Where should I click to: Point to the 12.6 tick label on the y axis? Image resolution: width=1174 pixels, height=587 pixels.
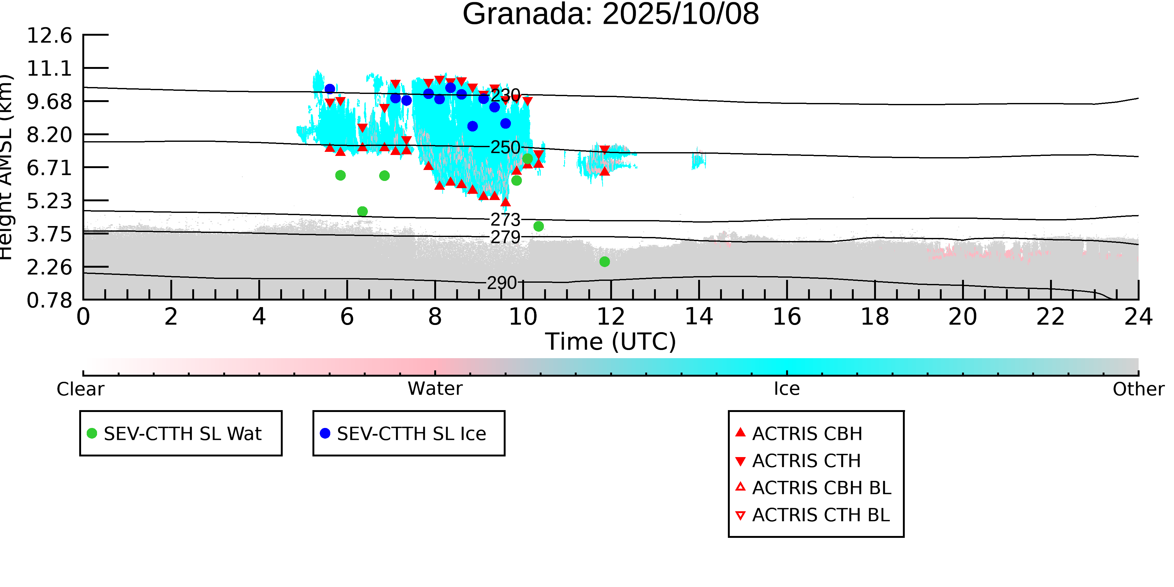[49, 36]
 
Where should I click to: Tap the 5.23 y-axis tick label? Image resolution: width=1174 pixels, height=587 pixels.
[49, 201]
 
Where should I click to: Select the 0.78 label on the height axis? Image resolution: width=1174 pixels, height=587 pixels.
[49, 300]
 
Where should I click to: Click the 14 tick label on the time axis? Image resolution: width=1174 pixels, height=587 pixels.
[699, 317]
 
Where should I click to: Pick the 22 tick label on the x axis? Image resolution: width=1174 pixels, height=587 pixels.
[1050, 317]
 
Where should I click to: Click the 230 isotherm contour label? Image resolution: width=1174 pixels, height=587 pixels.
[505, 95]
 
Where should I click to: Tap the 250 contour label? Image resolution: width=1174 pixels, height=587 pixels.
[505, 147]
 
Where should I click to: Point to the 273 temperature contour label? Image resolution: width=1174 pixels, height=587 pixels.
[505, 220]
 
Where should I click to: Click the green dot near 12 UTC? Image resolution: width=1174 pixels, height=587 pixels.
[604, 262]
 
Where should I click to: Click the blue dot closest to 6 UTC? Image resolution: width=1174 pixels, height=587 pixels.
[330, 89]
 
